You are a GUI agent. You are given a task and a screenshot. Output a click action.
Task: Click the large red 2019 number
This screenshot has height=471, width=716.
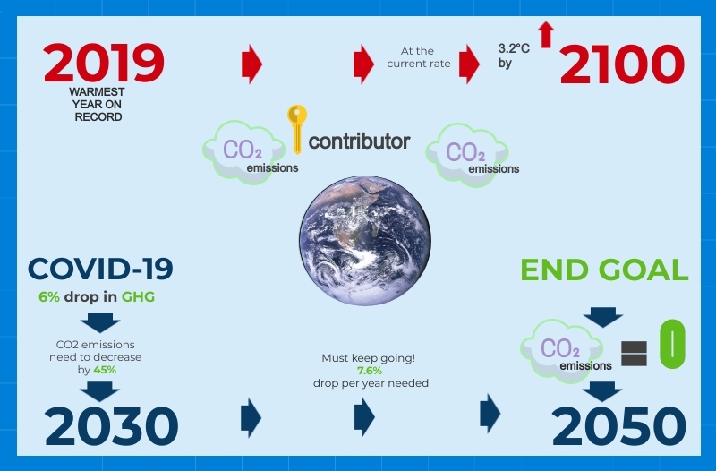(104, 64)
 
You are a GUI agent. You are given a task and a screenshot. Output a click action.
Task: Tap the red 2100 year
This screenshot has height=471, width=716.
(622, 65)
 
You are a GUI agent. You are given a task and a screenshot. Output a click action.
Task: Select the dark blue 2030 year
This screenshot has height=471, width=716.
(112, 427)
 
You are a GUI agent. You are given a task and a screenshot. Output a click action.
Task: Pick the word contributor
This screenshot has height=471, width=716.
(359, 141)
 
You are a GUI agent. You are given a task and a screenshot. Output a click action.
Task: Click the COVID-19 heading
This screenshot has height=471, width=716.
(100, 269)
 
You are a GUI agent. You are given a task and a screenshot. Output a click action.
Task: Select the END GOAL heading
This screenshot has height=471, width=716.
(604, 270)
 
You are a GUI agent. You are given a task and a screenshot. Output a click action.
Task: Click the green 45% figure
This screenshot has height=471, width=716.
(105, 369)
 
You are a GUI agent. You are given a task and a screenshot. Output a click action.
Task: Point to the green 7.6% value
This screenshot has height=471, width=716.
(370, 371)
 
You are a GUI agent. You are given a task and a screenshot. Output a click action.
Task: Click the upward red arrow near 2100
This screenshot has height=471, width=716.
(547, 34)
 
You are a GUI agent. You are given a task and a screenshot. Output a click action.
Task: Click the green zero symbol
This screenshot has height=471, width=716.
(672, 346)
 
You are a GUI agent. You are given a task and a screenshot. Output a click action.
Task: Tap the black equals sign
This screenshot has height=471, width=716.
(633, 353)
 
